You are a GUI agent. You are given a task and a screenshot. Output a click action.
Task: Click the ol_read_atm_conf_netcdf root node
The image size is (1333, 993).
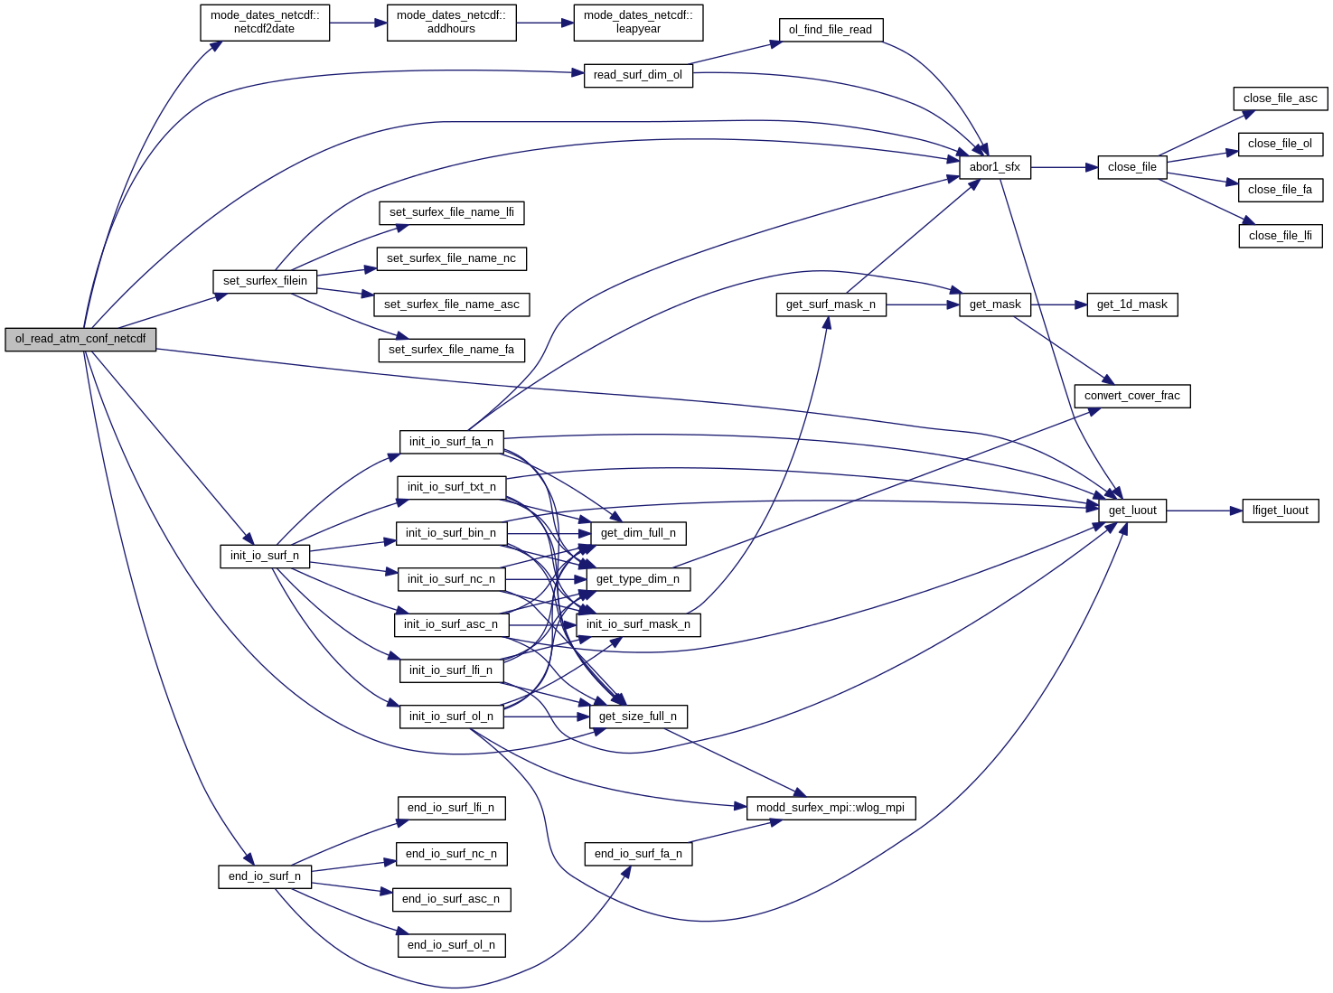point(80,339)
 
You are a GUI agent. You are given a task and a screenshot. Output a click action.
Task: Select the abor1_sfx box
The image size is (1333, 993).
point(994,167)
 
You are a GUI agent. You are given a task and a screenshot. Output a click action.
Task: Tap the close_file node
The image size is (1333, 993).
point(1131,167)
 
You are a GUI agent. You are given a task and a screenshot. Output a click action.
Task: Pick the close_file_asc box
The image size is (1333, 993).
point(1280,98)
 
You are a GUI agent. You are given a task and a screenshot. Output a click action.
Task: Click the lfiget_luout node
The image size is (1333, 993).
point(1280,511)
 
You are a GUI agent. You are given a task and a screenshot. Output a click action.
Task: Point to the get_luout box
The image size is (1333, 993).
point(1131,511)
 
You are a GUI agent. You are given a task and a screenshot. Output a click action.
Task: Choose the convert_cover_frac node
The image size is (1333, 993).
point(1131,396)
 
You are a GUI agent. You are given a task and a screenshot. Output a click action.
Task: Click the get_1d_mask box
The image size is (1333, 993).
point(1131,304)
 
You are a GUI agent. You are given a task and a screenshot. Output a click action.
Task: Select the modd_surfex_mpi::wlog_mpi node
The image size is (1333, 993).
point(830,808)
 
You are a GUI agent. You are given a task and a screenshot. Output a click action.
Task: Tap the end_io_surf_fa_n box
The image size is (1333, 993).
point(638,854)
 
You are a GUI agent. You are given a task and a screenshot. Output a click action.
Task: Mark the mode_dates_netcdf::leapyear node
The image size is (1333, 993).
point(638,22)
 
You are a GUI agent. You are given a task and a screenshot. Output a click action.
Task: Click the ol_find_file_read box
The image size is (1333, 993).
point(830,30)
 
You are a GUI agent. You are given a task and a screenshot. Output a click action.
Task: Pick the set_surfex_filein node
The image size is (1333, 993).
point(265,281)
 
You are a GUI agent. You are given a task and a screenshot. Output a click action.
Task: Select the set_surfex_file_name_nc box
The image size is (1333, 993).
point(451,258)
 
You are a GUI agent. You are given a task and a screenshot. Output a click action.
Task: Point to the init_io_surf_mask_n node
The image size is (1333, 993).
point(638,624)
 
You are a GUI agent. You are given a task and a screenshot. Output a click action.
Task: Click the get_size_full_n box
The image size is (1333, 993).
point(638,717)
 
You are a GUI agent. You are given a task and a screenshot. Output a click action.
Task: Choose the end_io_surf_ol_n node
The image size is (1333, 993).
point(451,945)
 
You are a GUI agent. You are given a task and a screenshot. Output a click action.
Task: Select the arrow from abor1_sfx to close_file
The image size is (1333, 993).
point(1064,167)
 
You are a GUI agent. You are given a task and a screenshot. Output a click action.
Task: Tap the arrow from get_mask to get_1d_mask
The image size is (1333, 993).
point(1058,304)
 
